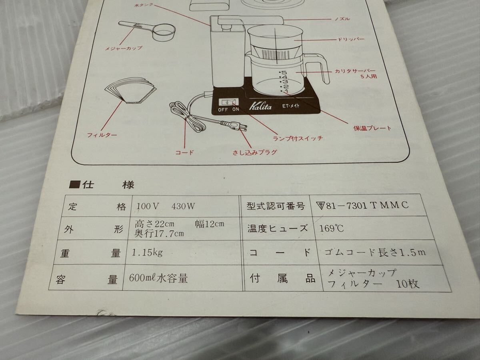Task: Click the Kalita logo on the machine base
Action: click(260, 106)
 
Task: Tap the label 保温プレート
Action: click(372, 128)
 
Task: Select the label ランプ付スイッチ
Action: click(298, 138)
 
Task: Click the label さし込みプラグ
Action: click(255, 152)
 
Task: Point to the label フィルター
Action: click(102, 135)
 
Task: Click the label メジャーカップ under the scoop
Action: click(124, 48)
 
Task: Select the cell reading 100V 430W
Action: click(165, 207)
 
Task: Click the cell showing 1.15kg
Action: click(147, 252)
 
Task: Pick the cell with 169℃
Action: click(332, 229)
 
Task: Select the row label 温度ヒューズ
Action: click(278, 229)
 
